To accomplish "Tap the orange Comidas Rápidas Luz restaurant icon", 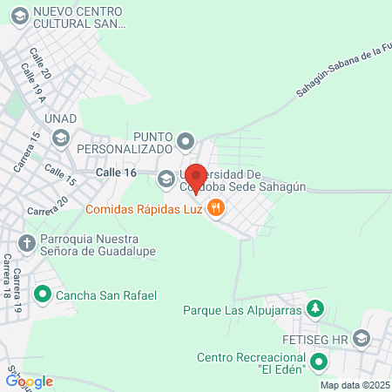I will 217,209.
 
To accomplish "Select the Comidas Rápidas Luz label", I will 145,209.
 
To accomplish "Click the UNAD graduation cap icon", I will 61,137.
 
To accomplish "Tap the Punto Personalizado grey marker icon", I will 185,140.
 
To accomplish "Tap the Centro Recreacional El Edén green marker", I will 319,362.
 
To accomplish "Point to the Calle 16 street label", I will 117,173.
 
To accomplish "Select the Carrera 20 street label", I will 47,207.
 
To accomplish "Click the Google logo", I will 30,381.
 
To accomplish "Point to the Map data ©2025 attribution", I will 355,385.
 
